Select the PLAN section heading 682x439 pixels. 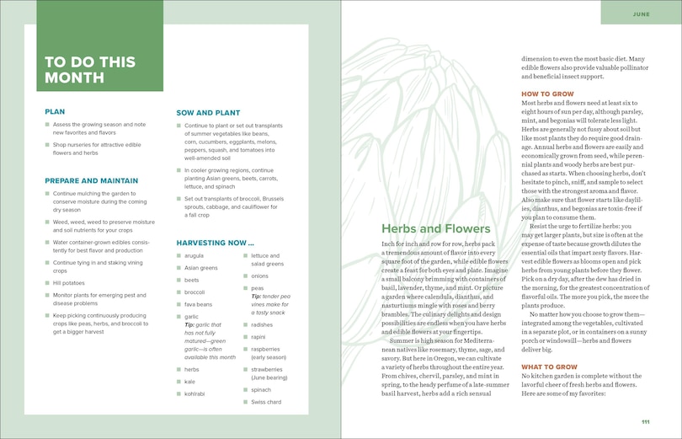click(55, 111)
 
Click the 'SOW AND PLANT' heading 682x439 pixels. click(208, 112)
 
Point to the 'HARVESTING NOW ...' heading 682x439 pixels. click(216, 243)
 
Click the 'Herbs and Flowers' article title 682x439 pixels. click(435, 228)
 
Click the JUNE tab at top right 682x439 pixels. click(641, 14)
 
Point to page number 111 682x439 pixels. click(645, 422)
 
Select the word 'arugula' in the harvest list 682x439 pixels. click(194, 255)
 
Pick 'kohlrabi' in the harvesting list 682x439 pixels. click(196, 393)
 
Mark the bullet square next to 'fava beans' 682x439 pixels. click(178, 304)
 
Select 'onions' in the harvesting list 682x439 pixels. click(259, 276)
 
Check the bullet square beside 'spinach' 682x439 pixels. click(245, 391)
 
